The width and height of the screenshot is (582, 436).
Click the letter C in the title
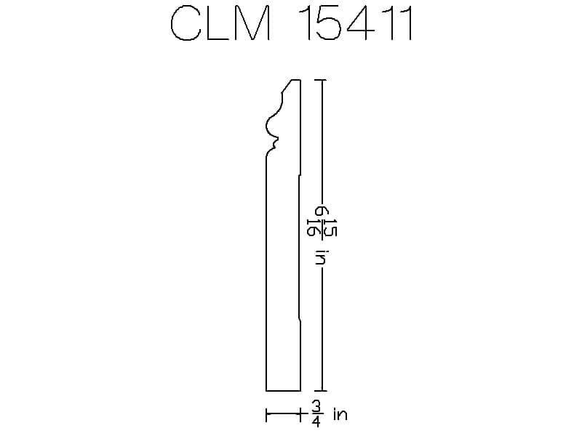pyautogui.click(x=186, y=23)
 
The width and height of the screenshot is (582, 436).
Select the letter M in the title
pyautogui.click(x=252, y=23)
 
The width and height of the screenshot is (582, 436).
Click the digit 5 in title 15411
pyautogui.click(x=328, y=23)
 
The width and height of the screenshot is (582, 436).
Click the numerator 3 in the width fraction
pyautogui.click(x=316, y=407)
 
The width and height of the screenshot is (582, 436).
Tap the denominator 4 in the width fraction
pyautogui.click(x=316, y=421)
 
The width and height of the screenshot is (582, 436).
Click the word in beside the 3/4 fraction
pyautogui.click(x=340, y=413)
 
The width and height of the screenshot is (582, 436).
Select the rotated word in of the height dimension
pyautogui.click(x=320, y=257)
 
